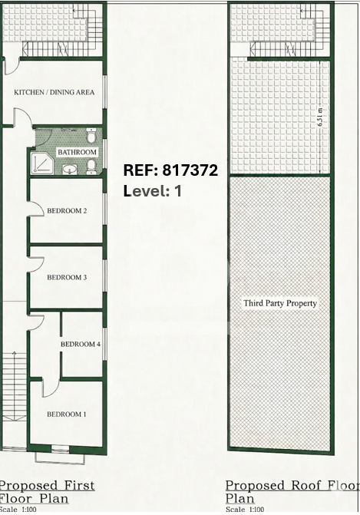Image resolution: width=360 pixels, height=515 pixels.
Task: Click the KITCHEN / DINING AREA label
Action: click(x=54, y=92)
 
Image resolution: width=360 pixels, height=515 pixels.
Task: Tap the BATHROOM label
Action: click(x=78, y=152)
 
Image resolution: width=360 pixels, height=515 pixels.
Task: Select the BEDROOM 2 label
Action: click(x=67, y=210)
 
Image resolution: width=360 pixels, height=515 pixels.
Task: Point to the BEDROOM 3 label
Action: click(x=67, y=277)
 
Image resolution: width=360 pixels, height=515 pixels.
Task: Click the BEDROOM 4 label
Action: click(x=81, y=344)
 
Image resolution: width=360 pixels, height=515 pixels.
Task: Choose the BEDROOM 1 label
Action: click(x=67, y=414)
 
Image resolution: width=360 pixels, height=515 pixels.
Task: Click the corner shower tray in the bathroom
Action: click(x=42, y=163)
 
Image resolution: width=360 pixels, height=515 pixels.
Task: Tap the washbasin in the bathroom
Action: click(x=70, y=170)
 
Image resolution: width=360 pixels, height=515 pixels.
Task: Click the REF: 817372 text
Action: click(x=170, y=170)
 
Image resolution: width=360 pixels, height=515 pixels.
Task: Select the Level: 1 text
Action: click(x=153, y=191)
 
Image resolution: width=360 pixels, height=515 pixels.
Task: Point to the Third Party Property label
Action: click(x=280, y=303)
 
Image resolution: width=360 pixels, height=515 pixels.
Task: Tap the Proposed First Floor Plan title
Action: click(x=47, y=492)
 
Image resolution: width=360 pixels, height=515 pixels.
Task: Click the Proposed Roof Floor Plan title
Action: click(x=292, y=492)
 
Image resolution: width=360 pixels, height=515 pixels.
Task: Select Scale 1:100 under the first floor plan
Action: click(x=18, y=510)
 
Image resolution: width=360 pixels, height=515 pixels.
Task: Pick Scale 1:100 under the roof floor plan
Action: click(x=245, y=510)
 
